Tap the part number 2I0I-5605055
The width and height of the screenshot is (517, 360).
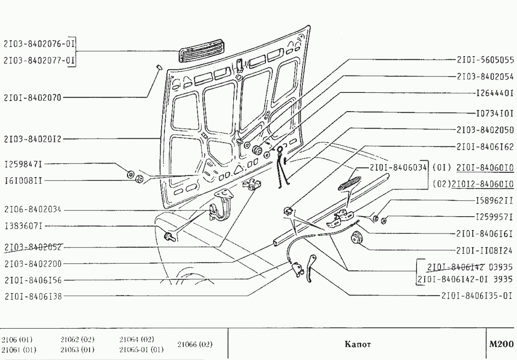[x=485, y=60]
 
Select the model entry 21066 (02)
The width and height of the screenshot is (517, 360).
[x=195, y=344]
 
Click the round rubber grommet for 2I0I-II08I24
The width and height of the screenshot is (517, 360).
[x=356, y=238]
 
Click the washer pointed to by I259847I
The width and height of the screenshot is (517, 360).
[x=130, y=174]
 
